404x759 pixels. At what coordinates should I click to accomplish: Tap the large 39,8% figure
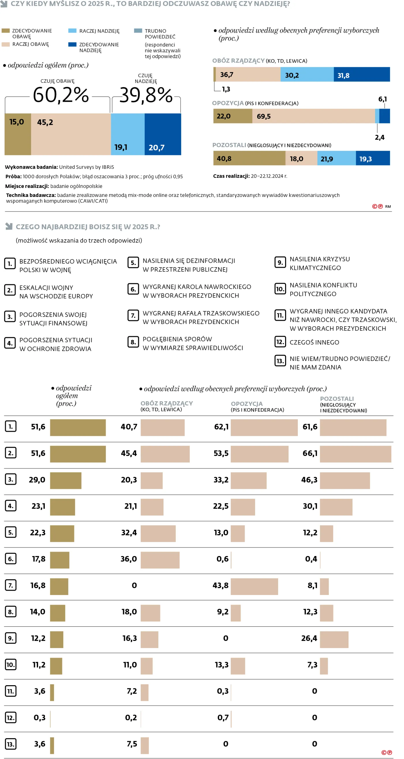click(x=146, y=95)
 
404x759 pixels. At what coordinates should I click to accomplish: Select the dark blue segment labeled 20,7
click(x=163, y=134)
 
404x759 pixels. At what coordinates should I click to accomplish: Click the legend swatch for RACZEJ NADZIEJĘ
click(x=72, y=31)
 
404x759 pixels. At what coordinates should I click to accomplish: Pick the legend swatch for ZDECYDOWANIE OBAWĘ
click(x=5, y=31)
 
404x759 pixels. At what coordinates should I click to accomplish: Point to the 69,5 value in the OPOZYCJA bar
click(x=264, y=116)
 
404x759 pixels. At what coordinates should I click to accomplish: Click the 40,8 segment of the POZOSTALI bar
click(x=249, y=159)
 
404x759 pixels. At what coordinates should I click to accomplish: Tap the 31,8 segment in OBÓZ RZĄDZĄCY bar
click(x=362, y=75)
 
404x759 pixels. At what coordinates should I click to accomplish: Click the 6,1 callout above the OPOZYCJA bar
click(x=382, y=99)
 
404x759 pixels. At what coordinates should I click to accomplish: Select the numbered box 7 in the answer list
click(x=133, y=316)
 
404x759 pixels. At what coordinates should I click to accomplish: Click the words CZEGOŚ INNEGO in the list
click(x=314, y=342)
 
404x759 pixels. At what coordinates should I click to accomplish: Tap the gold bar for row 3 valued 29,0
click(x=66, y=481)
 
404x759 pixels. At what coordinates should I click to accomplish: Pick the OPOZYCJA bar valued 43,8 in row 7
click(x=254, y=586)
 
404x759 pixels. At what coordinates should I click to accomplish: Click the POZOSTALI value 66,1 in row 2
click(x=310, y=453)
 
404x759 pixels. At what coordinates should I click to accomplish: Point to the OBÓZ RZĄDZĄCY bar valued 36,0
click(x=160, y=560)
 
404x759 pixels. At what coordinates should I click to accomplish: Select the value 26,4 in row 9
click(x=309, y=639)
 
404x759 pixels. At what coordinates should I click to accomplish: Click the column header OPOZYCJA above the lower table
click(x=246, y=404)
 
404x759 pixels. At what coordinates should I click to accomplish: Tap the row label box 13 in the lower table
click(x=11, y=744)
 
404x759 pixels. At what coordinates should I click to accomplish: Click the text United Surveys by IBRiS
click(x=86, y=167)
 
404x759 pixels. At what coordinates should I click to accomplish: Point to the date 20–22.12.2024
click(x=267, y=176)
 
